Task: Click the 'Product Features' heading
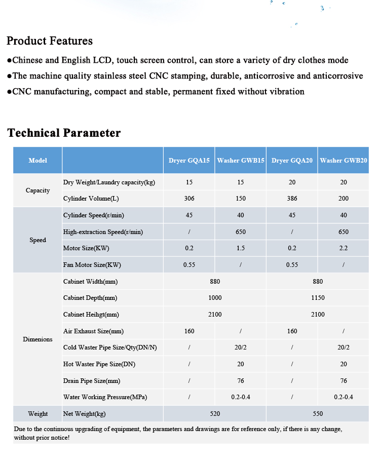tap(50, 41)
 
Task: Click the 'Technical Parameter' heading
tap(64, 133)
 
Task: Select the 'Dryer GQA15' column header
tap(189, 161)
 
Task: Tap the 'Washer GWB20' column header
tap(344, 161)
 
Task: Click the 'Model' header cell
tap(37, 161)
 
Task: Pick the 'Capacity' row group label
tap(37, 190)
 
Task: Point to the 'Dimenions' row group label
tap(37, 339)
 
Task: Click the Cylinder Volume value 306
tap(189, 199)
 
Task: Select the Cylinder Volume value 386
tap(292, 199)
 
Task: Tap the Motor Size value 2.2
tap(344, 248)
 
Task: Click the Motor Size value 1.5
tap(241, 248)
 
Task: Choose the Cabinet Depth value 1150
tap(318, 298)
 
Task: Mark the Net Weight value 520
tap(215, 414)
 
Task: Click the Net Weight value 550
tap(318, 414)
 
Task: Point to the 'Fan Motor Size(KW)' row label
tap(92, 265)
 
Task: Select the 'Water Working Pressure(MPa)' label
tap(105, 397)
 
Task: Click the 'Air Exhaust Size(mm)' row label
tap(93, 331)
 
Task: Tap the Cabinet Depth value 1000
tap(215, 298)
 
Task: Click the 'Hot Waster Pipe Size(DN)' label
tap(99, 364)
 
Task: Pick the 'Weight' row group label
tap(37, 414)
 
